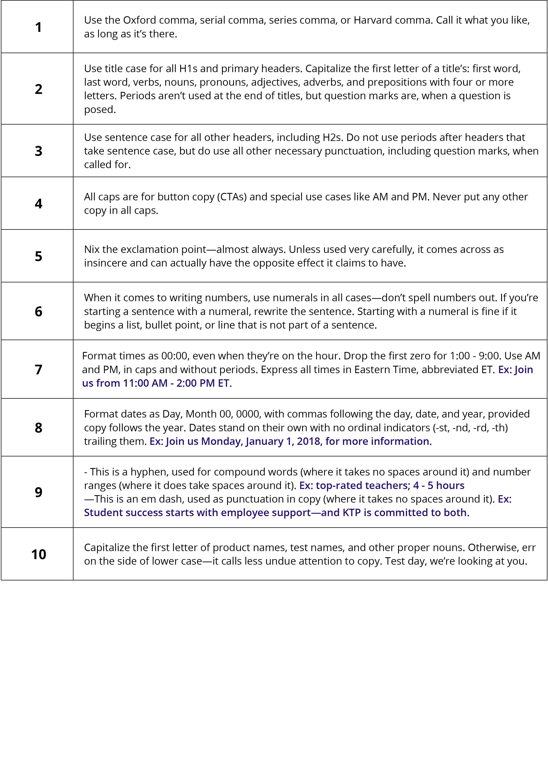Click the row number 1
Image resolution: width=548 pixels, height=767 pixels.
(38, 27)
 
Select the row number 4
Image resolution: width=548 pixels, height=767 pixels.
(38, 203)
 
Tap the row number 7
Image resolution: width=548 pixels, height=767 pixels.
(38, 369)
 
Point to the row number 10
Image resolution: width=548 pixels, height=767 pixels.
(38, 554)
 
